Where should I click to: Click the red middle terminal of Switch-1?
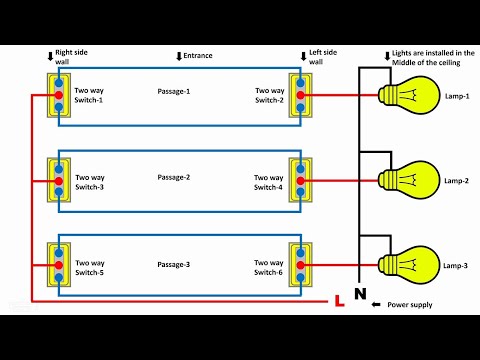tap(59, 96)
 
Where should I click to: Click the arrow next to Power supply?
tap(378, 304)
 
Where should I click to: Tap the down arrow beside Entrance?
tap(179, 56)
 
